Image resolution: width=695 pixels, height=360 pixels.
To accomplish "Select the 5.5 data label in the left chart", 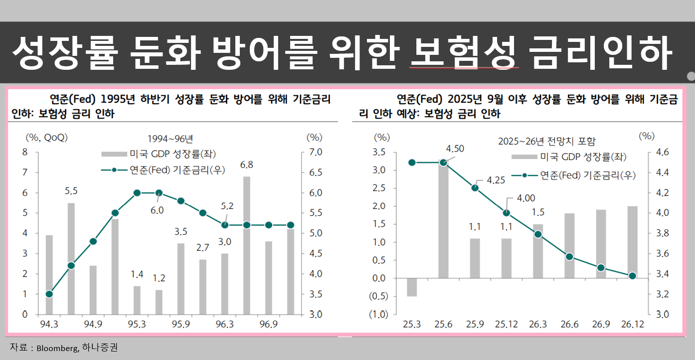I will [x=71, y=190].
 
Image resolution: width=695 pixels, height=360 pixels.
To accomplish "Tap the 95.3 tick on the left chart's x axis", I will [x=137, y=325].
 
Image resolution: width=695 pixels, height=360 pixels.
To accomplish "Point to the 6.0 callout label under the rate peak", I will [x=157, y=210].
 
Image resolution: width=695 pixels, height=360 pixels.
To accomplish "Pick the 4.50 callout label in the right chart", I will [x=455, y=149].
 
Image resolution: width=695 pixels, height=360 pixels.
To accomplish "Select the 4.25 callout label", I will [x=496, y=180].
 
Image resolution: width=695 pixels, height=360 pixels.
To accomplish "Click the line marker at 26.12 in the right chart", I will [x=632, y=276].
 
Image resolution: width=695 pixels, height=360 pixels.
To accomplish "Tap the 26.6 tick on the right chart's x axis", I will [x=569, y=325].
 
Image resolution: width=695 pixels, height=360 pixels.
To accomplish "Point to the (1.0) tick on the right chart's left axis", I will [x=378, y=315].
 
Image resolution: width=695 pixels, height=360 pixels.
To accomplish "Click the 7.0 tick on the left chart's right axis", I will [x=315, y=152].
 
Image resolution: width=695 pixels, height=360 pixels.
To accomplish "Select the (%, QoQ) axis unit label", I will [x=46, y=137].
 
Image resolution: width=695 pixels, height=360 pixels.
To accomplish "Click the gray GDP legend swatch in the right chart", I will [x=524, y=157].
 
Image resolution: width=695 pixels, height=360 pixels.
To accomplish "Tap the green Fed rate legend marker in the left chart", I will [x=114, y=170].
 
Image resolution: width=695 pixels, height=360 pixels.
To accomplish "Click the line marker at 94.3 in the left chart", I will [x=49, y=294].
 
